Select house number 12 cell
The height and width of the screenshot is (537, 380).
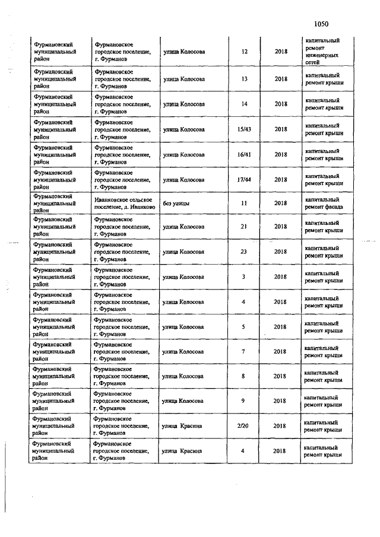[245, 52]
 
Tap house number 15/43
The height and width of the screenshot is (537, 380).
[244, 129]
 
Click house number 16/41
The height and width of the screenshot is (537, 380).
[244, 154]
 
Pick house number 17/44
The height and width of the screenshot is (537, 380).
[244, 179]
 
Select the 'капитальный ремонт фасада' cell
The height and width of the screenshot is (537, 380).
[324, 203]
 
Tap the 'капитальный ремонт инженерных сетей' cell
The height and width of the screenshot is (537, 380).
[324, 52]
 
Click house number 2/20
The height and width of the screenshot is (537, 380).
[244, 425]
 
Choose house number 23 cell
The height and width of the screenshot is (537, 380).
[244, 252]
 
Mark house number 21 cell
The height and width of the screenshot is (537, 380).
[244, 227]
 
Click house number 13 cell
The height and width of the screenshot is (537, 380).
[244, 79]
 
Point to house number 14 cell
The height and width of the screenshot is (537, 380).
[244, 104]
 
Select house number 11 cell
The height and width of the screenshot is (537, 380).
[244, 203]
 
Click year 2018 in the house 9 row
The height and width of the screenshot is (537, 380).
[280, 401]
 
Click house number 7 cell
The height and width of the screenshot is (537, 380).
[244, 351]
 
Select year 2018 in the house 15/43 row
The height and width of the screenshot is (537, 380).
[280, 129]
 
